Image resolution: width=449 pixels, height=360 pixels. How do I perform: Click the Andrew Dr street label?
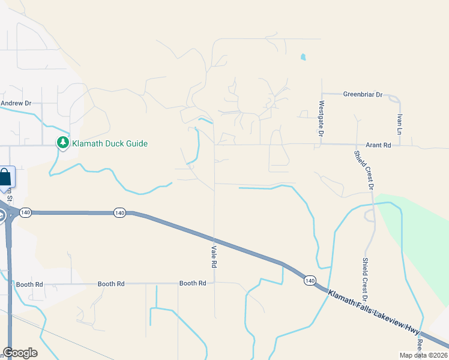(x=16, y=103)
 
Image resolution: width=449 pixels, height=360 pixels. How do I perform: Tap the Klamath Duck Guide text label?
(x=110, y=143)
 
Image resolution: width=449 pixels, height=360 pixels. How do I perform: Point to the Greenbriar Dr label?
(x=363, y=94)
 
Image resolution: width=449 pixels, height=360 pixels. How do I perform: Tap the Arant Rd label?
(x=378, y=145)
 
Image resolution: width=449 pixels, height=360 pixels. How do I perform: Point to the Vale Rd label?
(x=213, y=256)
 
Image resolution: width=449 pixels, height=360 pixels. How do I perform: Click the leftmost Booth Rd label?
(x=30, y=284)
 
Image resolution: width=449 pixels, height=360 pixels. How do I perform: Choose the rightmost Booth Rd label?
(x=193, y=283)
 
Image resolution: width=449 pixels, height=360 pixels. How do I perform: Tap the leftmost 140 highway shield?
(x=25, y=213)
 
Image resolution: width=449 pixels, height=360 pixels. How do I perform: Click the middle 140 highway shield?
(x=119, y=212)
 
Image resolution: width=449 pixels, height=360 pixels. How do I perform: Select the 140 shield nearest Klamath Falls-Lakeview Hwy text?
(x=309, y=280)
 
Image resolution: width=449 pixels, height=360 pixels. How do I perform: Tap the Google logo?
(x=20, y=353)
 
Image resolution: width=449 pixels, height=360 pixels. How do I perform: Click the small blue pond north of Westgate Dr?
(x=303, y=58)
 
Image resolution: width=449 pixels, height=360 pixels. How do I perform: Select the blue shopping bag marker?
(x=5, y=178)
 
